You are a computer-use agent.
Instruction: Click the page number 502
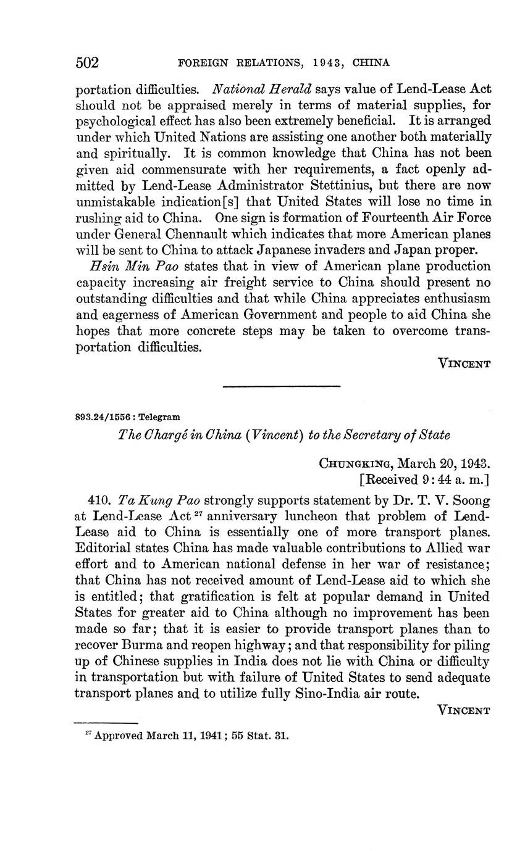(x=87, y=63)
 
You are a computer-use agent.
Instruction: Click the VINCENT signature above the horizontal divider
(x=464, y=363)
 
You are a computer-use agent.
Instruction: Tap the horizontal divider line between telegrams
(x=281, y=387)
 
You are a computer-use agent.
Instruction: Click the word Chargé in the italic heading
(x=166, y=435)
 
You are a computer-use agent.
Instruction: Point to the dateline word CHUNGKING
(x=355, y=463)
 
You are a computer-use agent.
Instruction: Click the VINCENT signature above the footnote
(x=464, y=710)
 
